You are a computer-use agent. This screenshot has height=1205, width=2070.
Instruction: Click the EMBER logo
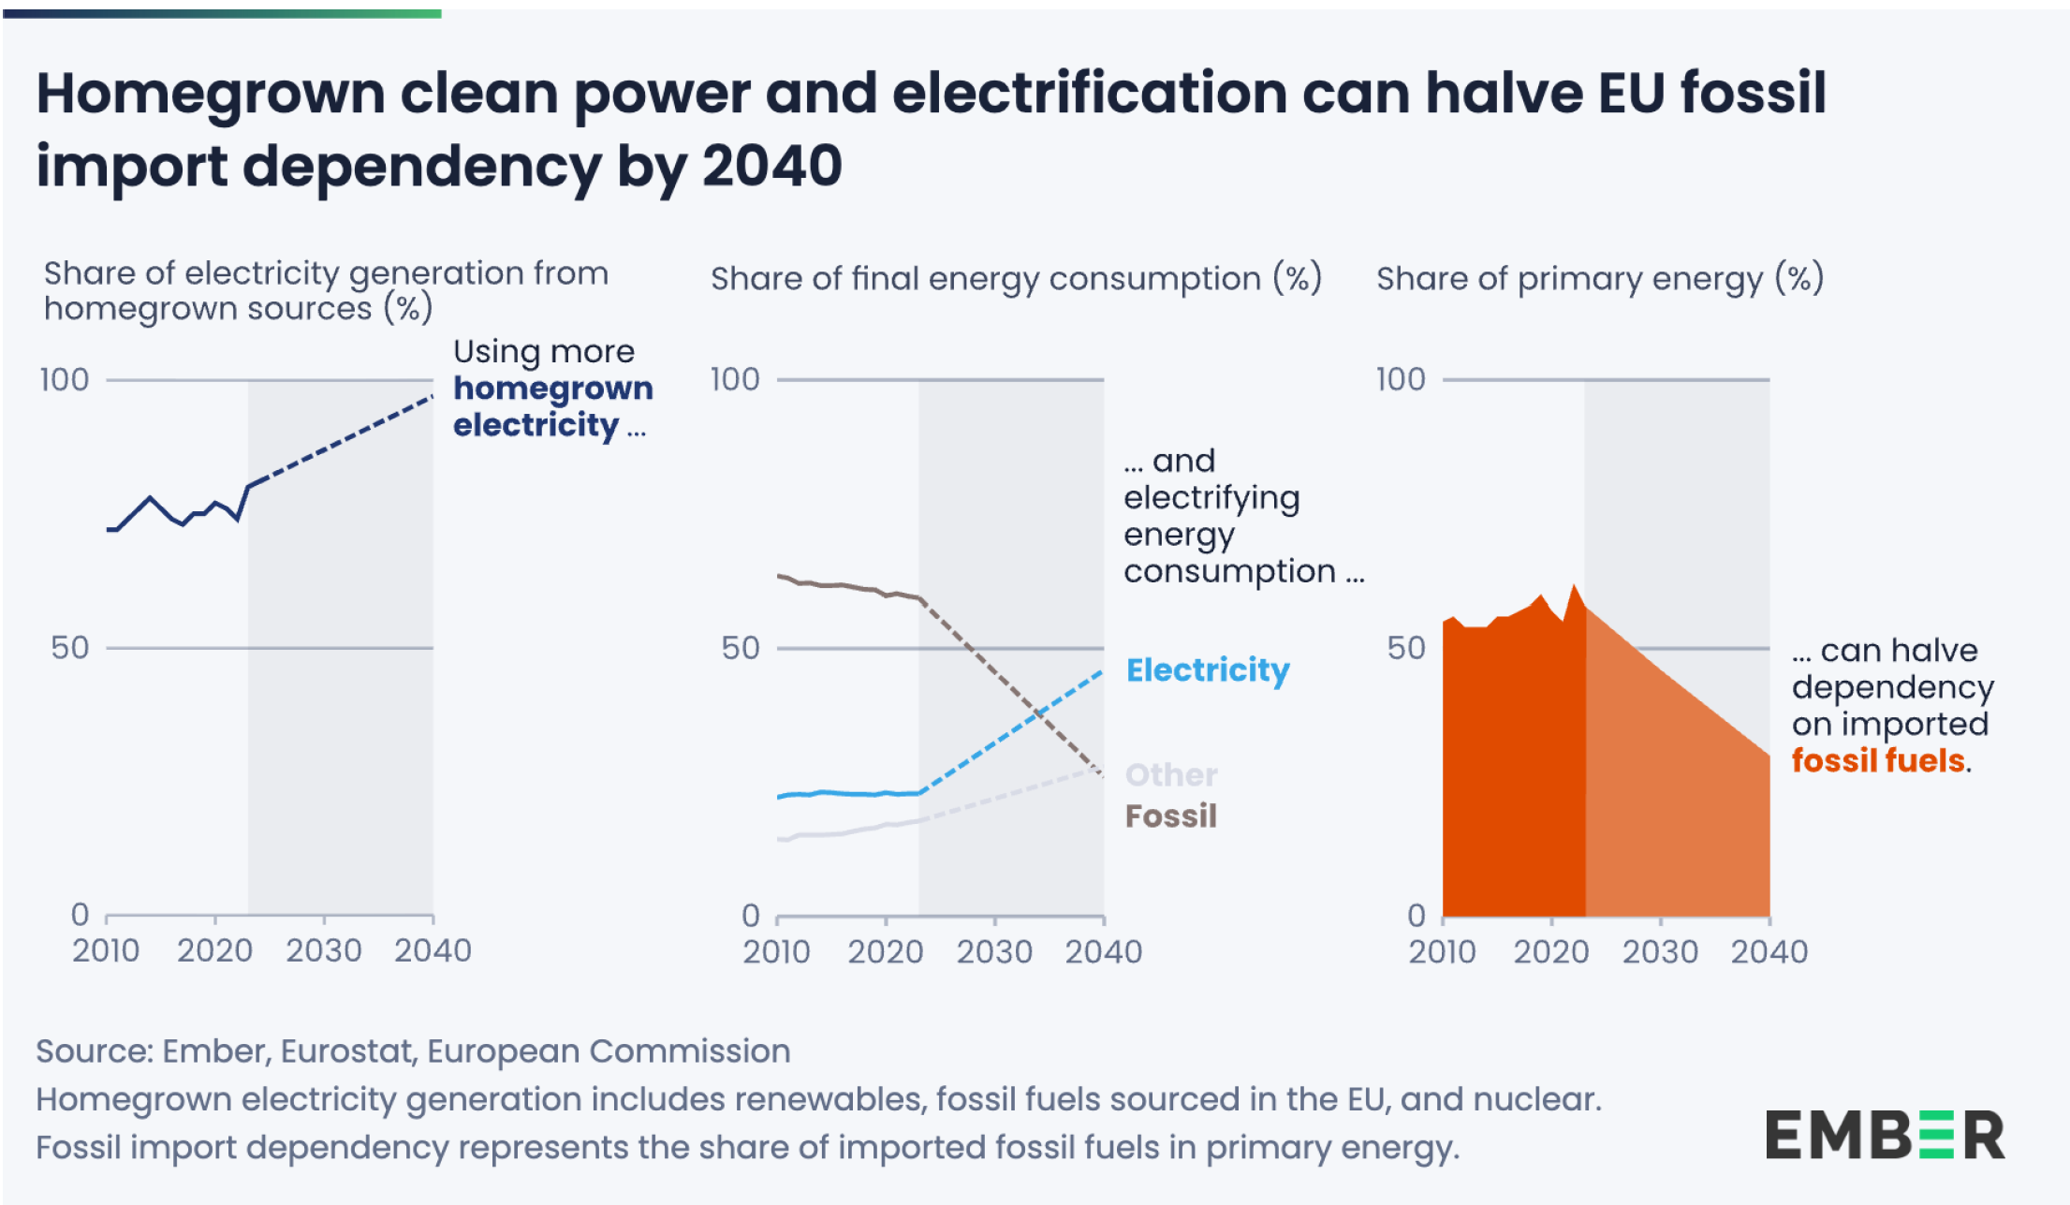pos(1885,1135)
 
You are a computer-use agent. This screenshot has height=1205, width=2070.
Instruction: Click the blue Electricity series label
pos(1208,669)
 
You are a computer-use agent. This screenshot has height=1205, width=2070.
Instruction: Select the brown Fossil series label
pos(1170,816)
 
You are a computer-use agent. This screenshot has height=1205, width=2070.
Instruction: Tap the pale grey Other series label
pos(1170,774)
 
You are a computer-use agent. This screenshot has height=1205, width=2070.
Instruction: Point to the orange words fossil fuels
pos(1877,760)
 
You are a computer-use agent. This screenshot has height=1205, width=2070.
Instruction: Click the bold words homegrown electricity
pos(552,406)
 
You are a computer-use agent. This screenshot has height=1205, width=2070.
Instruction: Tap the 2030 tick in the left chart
pos(323,950)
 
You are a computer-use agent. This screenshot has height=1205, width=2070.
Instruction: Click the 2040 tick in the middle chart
pos(1103,951)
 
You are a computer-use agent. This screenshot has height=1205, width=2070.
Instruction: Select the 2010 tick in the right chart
pos(1442,951)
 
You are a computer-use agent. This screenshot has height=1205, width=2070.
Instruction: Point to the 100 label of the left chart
pos(64,379)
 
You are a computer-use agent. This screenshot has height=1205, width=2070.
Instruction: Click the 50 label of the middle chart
pos(740,648)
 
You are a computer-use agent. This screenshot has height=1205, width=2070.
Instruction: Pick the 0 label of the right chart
pos(1417,915)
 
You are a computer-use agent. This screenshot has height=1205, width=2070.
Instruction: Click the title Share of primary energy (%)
pos(1599,278)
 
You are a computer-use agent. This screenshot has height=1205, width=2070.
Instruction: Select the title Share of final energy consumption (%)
pos(1016,278)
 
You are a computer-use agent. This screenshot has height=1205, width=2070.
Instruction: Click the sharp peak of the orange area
pos(1574,587)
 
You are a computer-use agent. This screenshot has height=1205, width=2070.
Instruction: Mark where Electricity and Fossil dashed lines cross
pos(1038,713)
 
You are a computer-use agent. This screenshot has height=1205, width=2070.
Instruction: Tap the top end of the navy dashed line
pos(432,397)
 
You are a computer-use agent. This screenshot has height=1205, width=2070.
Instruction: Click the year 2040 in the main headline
pos(771,166)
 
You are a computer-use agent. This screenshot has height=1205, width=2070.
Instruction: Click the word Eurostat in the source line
pos(346,1051)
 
